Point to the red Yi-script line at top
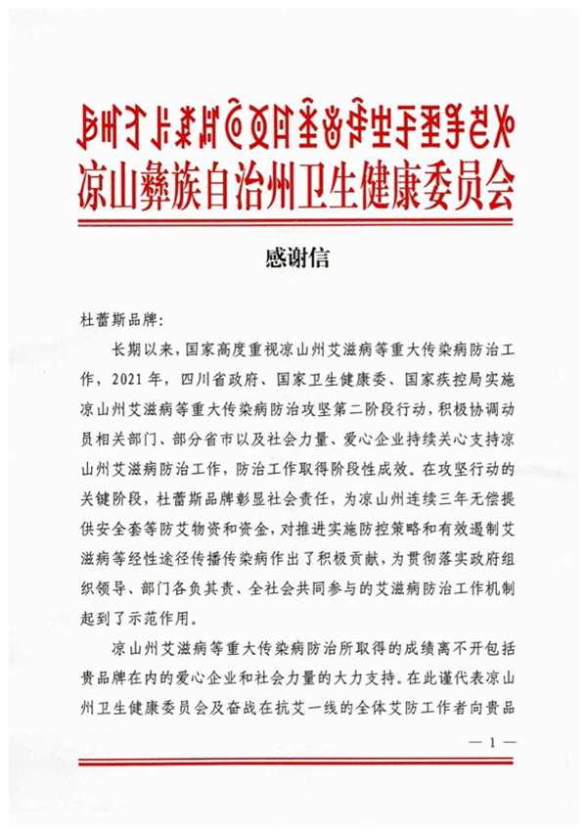pos(293,122)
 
